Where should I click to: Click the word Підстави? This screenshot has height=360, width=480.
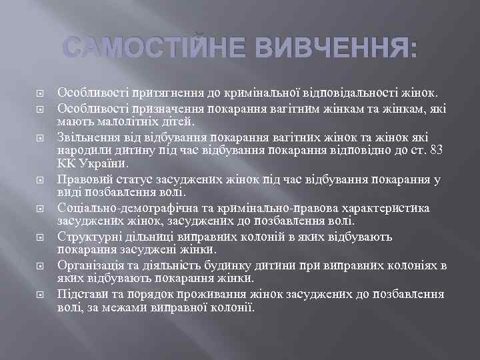pos(83,295)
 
